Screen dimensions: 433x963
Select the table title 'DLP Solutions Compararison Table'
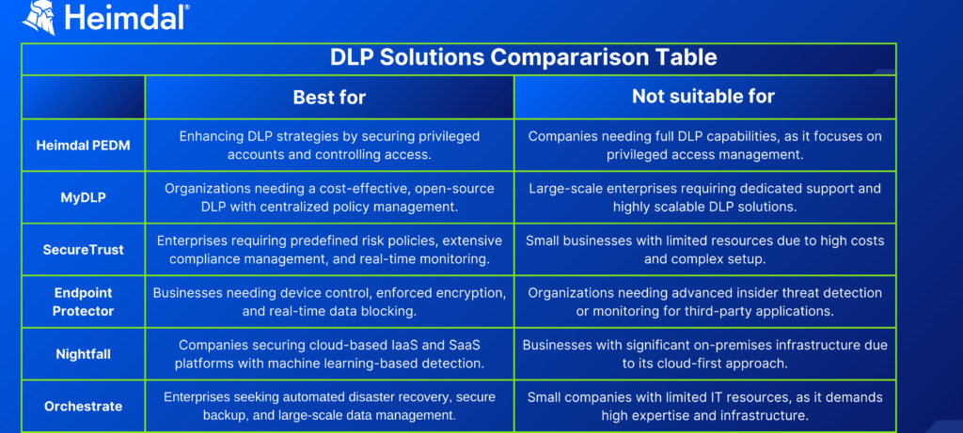[523, 57]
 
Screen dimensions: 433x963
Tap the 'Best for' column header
[329, 97]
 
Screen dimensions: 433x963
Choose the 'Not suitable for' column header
[703, 96]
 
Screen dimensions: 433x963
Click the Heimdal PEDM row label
[84, 146]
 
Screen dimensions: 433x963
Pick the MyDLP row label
[84, 198]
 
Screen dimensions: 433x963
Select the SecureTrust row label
[84, 250]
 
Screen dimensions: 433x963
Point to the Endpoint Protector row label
[84, 302]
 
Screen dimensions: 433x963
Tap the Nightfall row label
[84, 354]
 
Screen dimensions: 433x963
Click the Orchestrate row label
[84, 406]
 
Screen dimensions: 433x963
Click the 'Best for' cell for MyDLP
[329, 197]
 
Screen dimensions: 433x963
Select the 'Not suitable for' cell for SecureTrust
[704, 250]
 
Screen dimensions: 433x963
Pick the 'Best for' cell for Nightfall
[329, 354]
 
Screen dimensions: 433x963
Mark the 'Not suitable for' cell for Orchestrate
[704, 406]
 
